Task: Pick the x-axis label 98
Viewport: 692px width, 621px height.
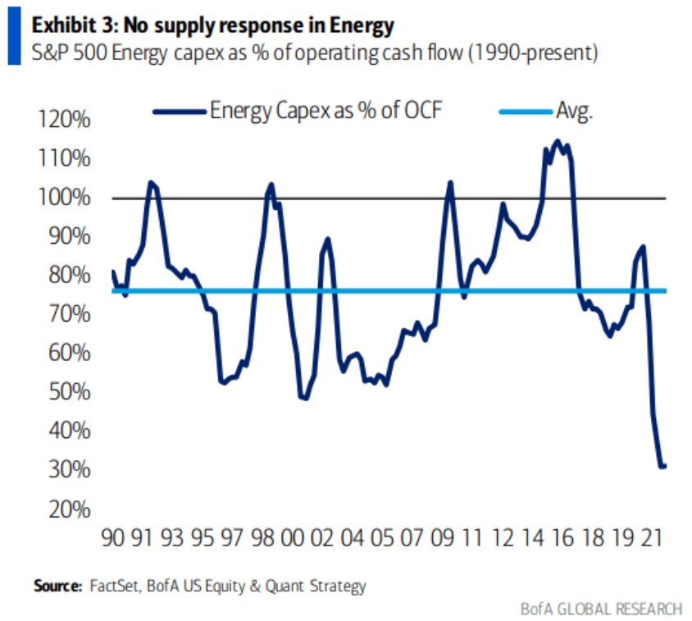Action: [262, 540]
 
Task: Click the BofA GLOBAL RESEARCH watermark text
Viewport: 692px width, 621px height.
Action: [600, 608]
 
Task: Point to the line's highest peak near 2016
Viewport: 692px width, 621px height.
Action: [558, 140]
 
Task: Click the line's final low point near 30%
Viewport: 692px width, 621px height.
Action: [662, 466]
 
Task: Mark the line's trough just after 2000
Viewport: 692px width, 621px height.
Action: [305, 398]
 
